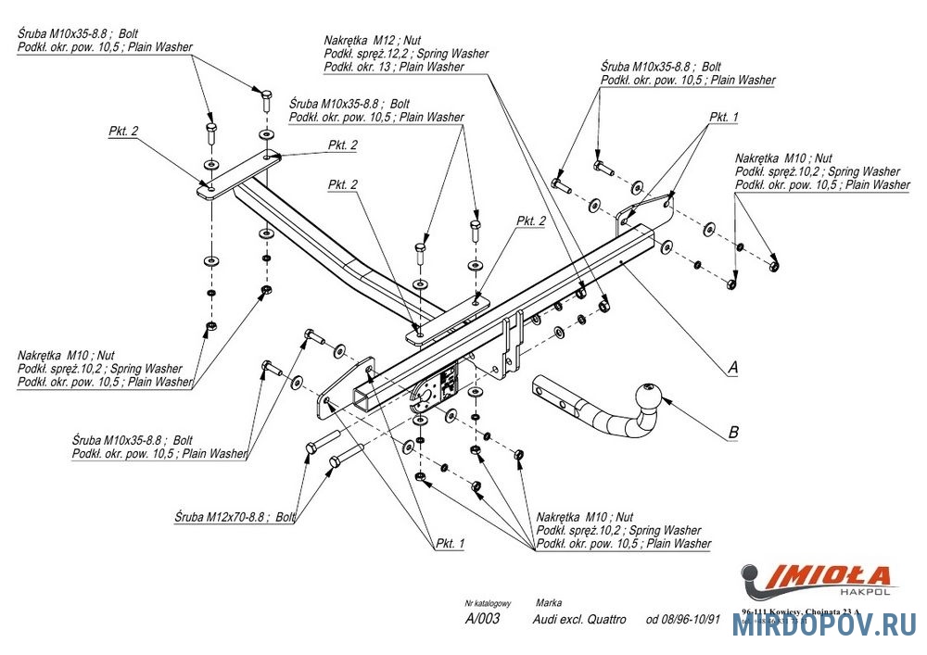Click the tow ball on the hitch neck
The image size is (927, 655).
(x=645, y=396)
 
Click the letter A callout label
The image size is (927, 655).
(x=732, y=368)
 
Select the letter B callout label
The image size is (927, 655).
(x=733, y=431)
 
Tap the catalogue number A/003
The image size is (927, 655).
(x=482, y=619)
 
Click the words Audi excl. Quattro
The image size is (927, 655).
(x=579, y=619)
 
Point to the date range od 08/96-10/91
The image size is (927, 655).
(x=683, y=619)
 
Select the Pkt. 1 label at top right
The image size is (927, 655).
(x=724, y=118)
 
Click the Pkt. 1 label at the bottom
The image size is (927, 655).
(x=449, y=544)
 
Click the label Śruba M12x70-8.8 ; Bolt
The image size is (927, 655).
(x=234, y=518)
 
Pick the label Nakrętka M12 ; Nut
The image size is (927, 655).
(x=374, y=41)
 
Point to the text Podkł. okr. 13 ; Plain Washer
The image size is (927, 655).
(x=394, y=67)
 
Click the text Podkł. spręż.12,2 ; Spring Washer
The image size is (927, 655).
(x=406, y=54)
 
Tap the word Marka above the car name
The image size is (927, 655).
(x=548, y=603)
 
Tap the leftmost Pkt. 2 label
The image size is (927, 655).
(x=123, y=132)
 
